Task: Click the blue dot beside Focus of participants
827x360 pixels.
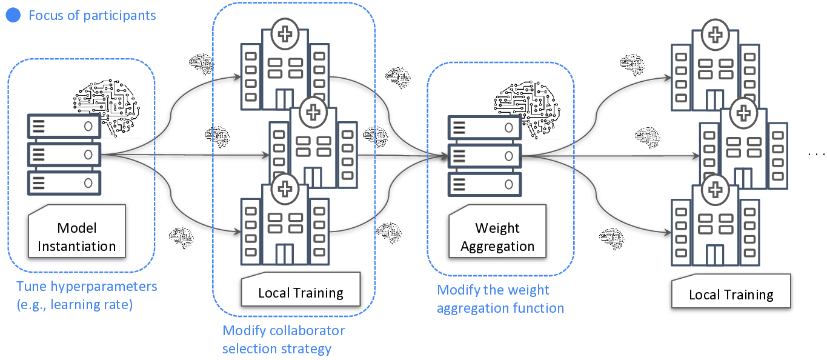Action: (x=13, y=16)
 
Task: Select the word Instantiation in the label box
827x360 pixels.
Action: (x=77, y=246)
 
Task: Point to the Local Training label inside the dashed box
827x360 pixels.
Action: (x=301, y=293)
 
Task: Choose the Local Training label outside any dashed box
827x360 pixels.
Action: (x=731, y=295)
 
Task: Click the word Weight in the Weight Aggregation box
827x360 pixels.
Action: (x=497, y=228)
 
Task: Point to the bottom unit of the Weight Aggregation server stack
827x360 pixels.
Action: (x=484, y=184)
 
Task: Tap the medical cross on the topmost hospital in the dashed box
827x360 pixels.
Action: (x=284, y=33)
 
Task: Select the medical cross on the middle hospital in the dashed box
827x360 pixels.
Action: (x=312, y=113)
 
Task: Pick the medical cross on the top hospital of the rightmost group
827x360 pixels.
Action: (x=716, y=34)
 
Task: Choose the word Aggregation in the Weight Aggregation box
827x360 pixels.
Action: (x=497, y=246)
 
